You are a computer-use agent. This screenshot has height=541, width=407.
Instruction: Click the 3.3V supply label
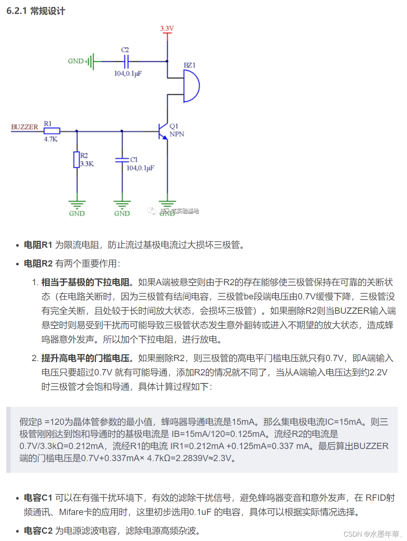(167, 28)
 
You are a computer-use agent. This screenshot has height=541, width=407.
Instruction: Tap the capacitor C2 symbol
(126, 61)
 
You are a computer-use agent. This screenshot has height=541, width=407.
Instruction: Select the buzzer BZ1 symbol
(191, 86)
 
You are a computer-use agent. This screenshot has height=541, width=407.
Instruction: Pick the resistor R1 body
(52, 131)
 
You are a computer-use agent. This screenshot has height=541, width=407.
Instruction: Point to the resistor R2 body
(77, 160)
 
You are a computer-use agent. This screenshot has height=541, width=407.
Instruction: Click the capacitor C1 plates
(122, 160)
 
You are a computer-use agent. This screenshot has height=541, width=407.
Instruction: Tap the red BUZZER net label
(25, 127)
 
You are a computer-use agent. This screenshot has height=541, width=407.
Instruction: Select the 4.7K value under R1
(51, 139)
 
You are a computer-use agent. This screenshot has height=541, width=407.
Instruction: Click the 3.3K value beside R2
(87, 164)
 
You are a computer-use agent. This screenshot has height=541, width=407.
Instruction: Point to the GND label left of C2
(76, 61)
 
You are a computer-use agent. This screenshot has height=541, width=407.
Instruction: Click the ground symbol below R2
(77, 204)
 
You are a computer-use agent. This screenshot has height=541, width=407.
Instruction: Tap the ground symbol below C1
(122, 204)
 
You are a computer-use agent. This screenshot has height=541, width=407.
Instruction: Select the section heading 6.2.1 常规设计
(36, 11)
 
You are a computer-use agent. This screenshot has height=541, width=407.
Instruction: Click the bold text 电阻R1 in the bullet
(38, 245)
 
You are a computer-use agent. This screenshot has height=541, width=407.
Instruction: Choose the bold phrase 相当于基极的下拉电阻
(85, 282)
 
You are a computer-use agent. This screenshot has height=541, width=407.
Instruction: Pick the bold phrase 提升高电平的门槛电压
(85, 358)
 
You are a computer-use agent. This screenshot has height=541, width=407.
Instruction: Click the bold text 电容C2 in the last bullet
(38, 531)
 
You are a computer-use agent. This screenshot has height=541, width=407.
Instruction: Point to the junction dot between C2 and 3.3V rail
(167, 61)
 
